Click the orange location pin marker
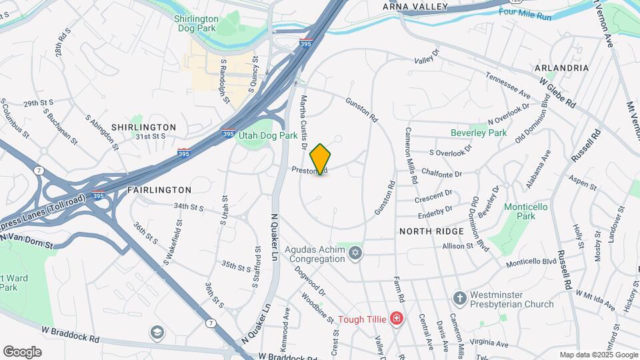pyautogui.click(x=320, y=159)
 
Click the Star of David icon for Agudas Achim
pyautogui.click(x=356, y=252)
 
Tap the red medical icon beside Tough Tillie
pyautogui.click(x=397, y=319)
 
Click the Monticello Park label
pyautogui.click(x=525, y=211)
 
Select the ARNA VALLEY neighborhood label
pyautogui.click(x=414, y=7)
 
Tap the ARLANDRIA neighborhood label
pyautogui.click(x=561, y=68)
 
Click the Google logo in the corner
pyautogui.click(x=22, y=351)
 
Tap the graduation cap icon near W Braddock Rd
pyautogui.click(x=157, y=332)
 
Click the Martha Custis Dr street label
pyautogui.click(x=303, y=122)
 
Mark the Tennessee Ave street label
pyautogui.click(x=508, y=86)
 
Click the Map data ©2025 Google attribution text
pyautogui.click(x=598, y=355)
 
